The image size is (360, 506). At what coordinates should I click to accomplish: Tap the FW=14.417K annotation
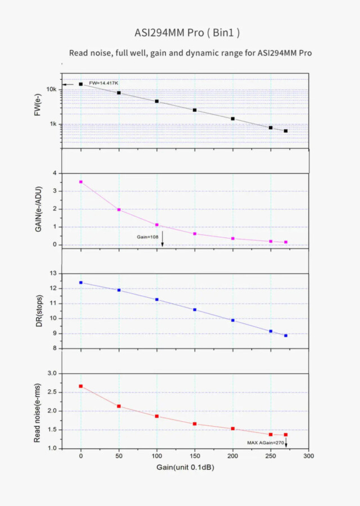click(103, 83)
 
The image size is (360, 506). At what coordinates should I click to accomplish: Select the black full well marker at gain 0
click(81, 84)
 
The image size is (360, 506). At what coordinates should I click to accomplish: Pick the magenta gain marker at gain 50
click(119, 210)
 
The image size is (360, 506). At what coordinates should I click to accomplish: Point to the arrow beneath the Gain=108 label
click(163, 240)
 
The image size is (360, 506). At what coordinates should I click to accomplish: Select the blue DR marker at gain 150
click(195, 310)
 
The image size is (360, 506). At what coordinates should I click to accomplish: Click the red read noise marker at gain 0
click(81, 386)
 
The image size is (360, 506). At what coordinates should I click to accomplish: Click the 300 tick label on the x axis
click(308, 457)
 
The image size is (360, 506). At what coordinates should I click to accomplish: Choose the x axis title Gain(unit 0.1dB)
click(186, 468)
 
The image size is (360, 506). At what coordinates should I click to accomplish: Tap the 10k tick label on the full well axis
click(51, 89)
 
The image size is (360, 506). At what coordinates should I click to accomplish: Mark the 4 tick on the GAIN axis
click(55, 173)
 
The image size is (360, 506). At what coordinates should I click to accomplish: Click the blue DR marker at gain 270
click(286, 336)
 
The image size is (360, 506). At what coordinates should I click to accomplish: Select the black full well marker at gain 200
click(232, 119)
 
